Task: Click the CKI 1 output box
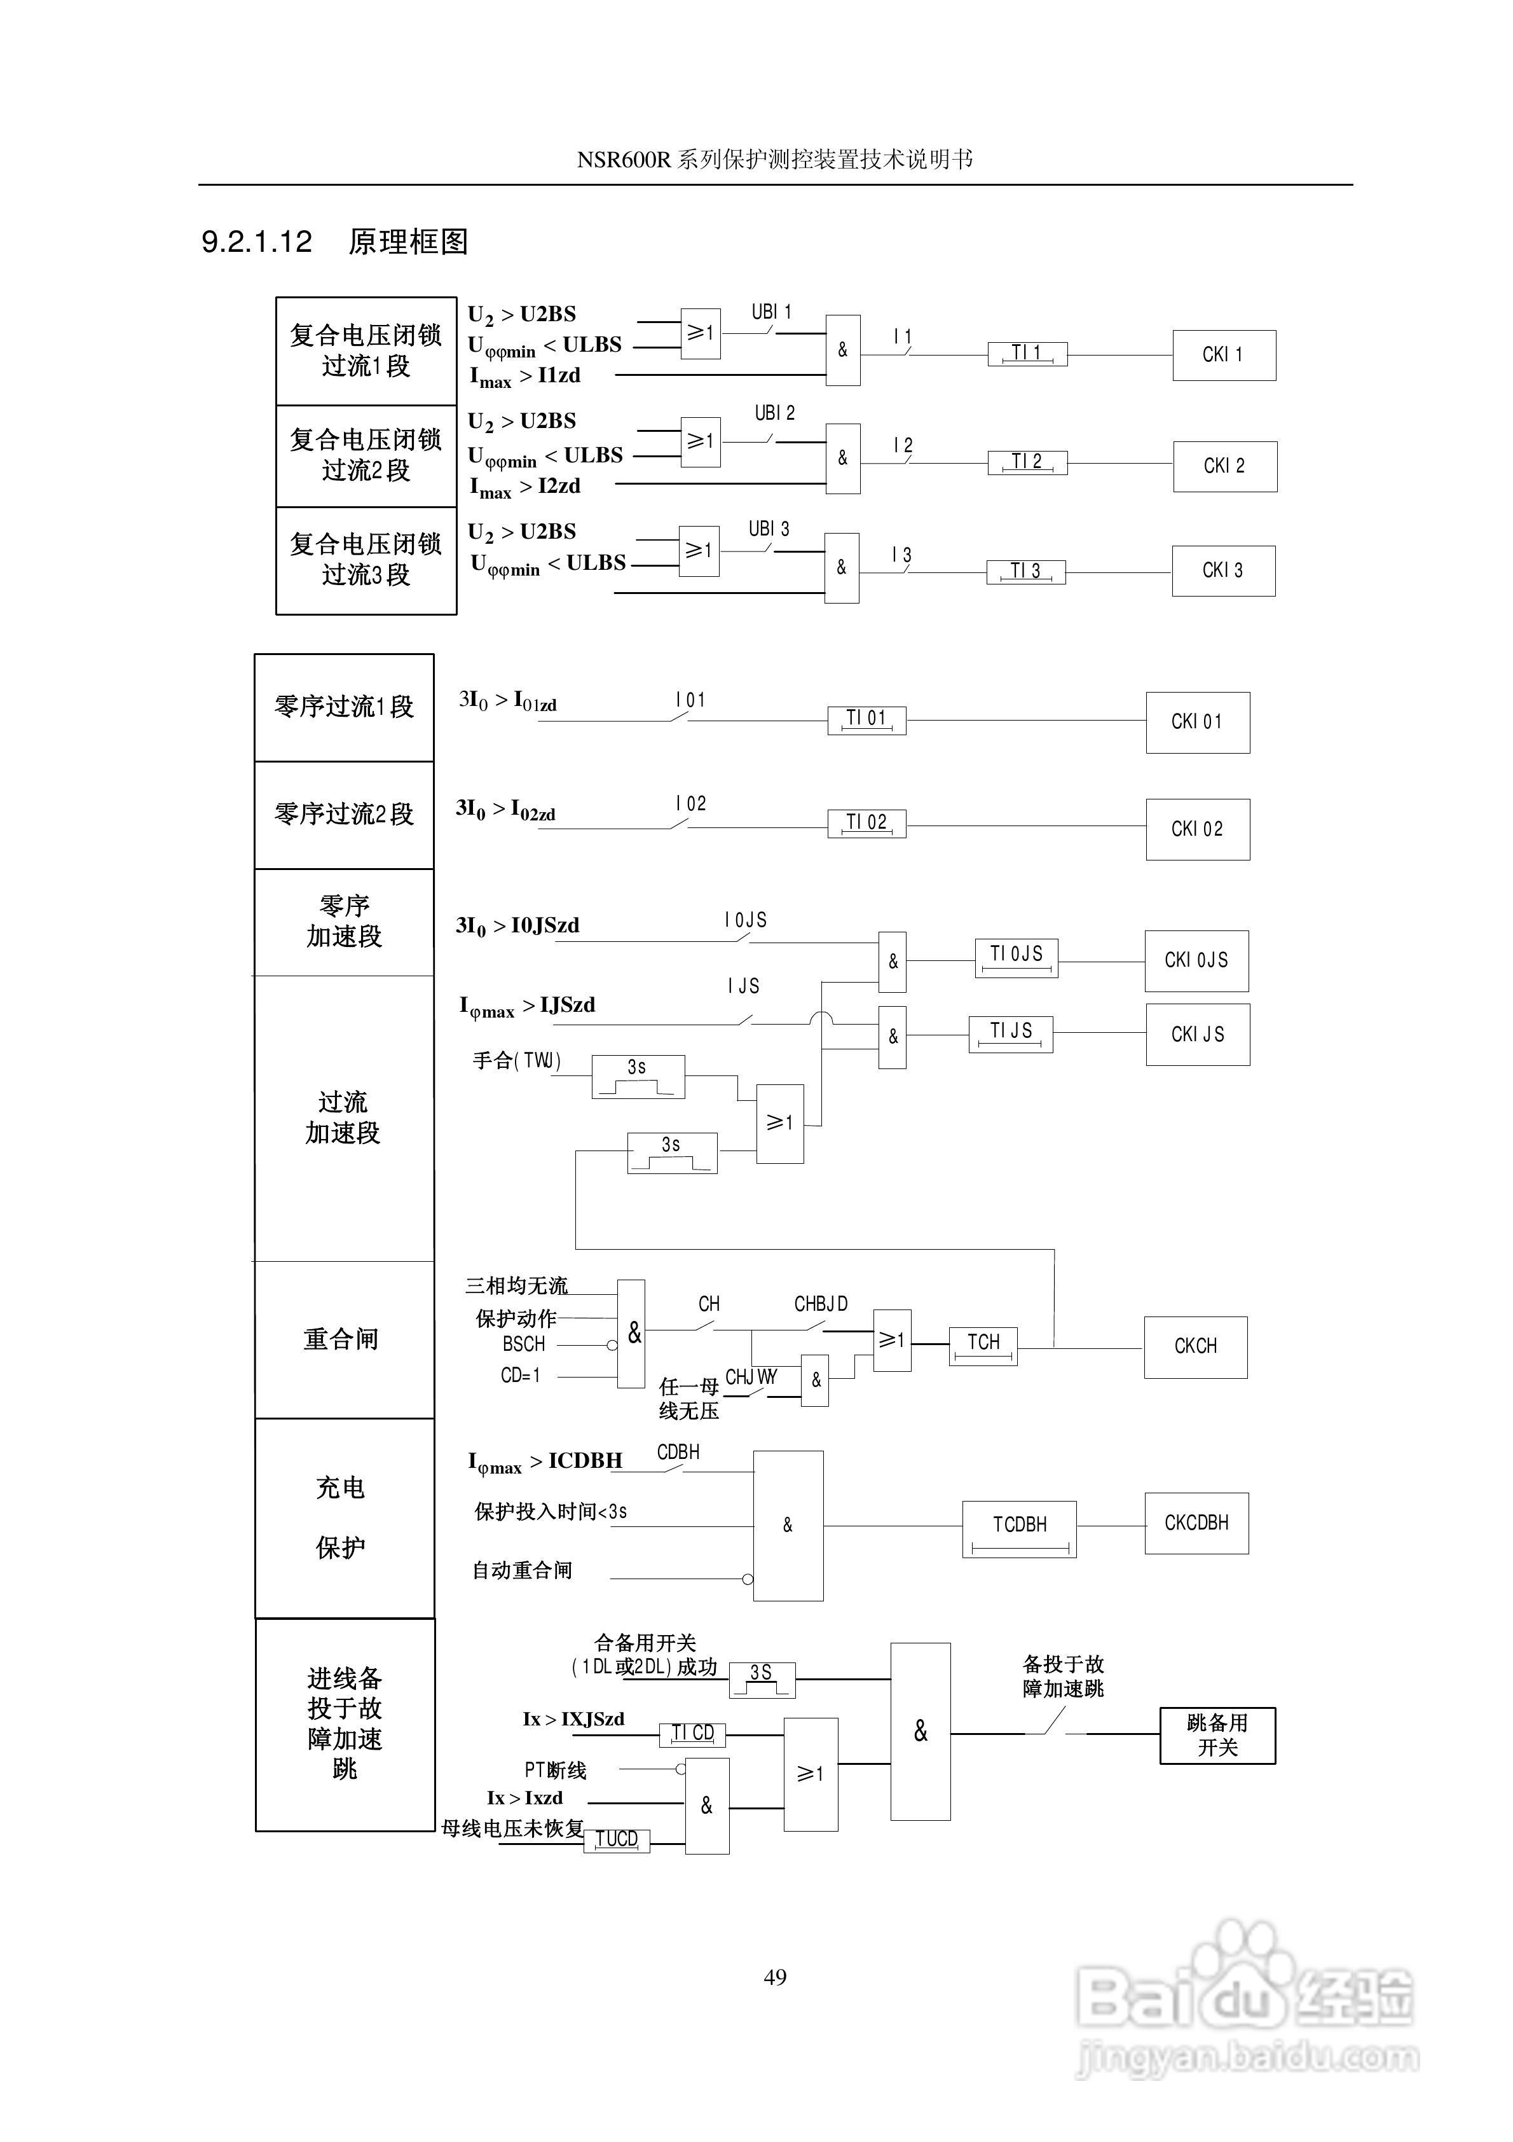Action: click(1223, 354)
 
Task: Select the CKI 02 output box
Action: click(1197, 829)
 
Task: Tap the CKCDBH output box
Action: click(1196, 1523)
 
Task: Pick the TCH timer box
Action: click(983, 1345)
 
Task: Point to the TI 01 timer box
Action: click(866, 719)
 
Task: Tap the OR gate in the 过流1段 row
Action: click(701, 333)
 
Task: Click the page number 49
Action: click(774, 1976)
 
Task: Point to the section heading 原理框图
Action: click(407, 242)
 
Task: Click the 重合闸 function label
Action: click(341, 1339)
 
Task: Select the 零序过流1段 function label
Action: click(343, 706)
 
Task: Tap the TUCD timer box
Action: click(617, 1839)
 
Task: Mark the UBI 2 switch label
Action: click(774, 412)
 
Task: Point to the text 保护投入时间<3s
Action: click(551, 1511)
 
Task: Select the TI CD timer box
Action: click(692, 1733)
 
